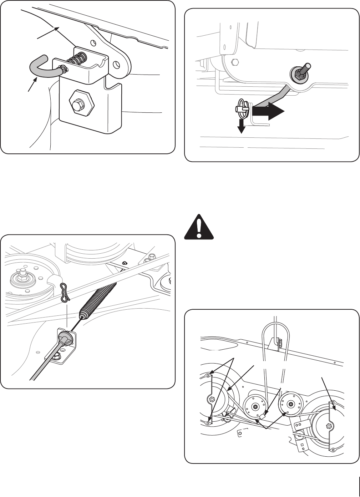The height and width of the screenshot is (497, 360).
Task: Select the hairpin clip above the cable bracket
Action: [x=64, y=292]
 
